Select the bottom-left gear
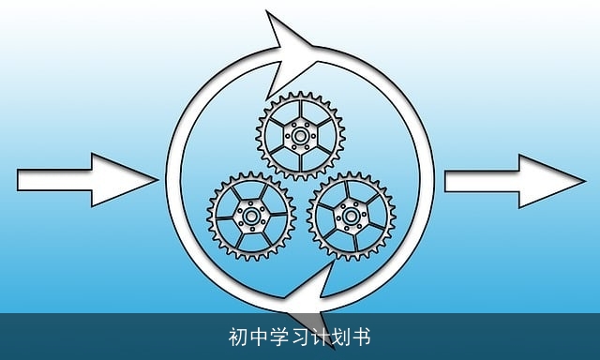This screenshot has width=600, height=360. point(250,218)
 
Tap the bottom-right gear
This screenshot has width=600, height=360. point(352,217)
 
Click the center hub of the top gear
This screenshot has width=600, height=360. point(300,136)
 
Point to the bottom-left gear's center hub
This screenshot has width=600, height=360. point(250,218)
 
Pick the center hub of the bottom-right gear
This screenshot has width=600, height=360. point(352,217)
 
